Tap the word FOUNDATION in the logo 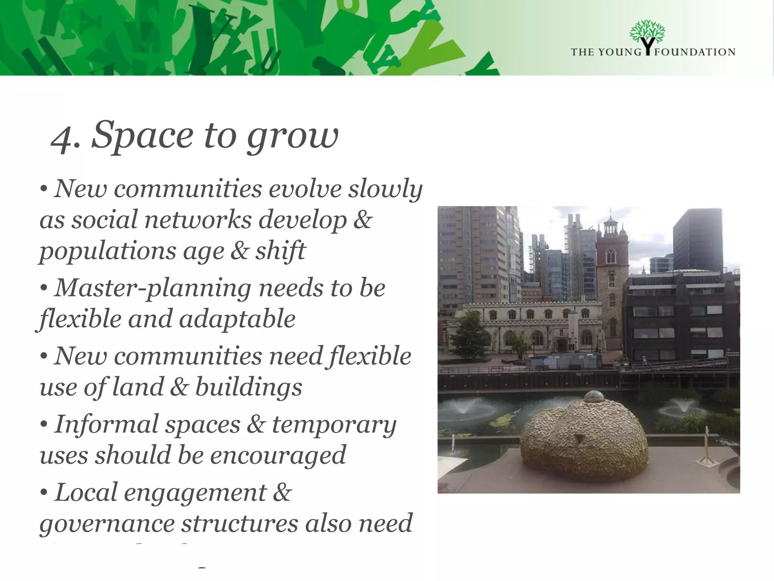[695, 52]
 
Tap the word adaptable [237, 319]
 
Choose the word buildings [248, 387]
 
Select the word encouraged [278, 455]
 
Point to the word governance [107, 524]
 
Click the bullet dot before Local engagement [44, 493]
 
